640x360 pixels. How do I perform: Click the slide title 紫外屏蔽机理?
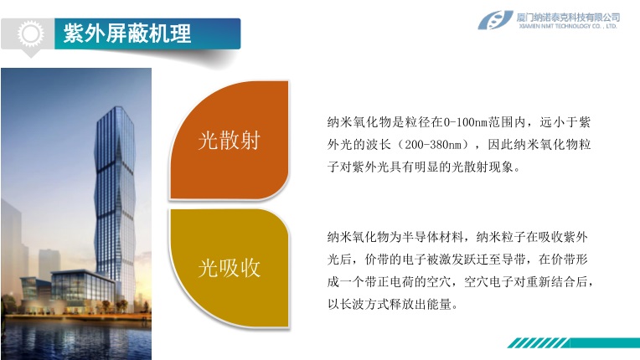[x=127, y=33]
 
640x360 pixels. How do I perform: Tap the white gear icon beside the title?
[x=30, y=33]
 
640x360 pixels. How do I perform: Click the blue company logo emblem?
[x=495, y=20]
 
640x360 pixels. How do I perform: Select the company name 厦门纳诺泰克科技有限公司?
[x=568, y=18]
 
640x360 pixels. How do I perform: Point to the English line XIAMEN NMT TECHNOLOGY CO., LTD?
[x=568, y=26]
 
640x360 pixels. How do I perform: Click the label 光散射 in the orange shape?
[x=229, y=141]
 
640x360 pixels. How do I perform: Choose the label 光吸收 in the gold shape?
[x=229, y=268]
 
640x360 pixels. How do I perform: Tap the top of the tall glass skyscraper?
[x=117, y=109]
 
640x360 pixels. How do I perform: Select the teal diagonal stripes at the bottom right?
[x=538, y=343]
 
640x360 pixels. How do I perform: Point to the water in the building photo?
[x=76, y=338]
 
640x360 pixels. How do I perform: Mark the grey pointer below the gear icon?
[x=30, y=54]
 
